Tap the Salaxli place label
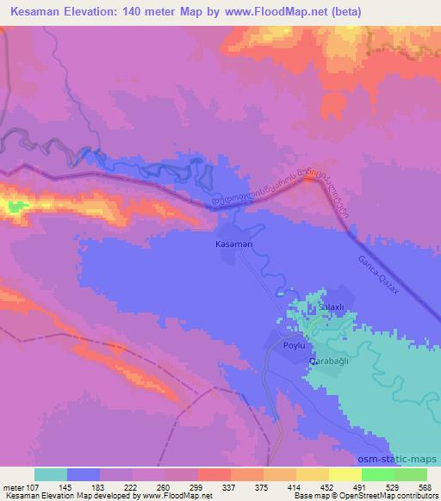[332, 307]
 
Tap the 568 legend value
[425, 486]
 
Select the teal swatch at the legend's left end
[51, 474]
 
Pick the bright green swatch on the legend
[377, 474]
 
